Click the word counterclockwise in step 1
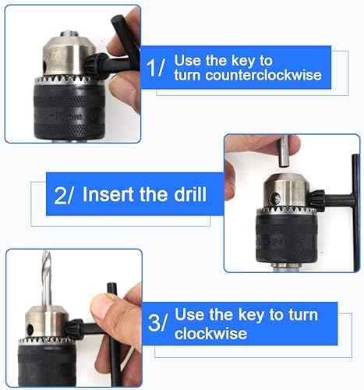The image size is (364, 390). [x=263, y=75]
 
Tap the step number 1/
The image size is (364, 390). [x=155, y=68]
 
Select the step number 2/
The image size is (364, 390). [x=64, y=195]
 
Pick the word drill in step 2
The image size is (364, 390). [x=190, y=194]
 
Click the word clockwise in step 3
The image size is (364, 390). [x=210, y=333]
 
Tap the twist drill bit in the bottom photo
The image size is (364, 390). [x=47, y=278]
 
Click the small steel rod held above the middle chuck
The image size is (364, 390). [x=284, y=151]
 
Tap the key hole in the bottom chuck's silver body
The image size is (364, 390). [x=30, y=331]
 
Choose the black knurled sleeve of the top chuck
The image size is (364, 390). [x=69, y=111]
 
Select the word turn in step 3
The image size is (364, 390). [x=303, y=314]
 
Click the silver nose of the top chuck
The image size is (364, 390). [x=69, y=55]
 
